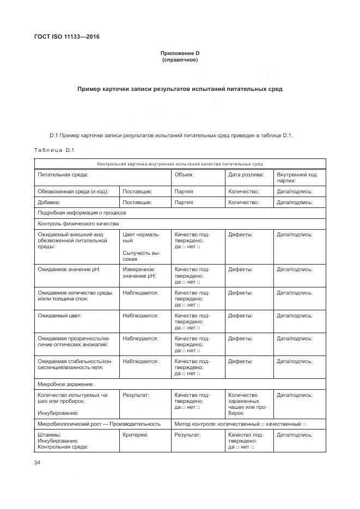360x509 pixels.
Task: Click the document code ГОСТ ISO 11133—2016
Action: (67, 37)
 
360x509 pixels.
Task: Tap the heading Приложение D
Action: (180, 53)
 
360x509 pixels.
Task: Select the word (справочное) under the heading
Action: (180, 59)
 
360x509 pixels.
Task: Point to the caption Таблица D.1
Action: (54, 150)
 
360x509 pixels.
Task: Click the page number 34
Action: (38, 462)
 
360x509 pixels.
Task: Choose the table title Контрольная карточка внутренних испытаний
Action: (180, 163)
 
